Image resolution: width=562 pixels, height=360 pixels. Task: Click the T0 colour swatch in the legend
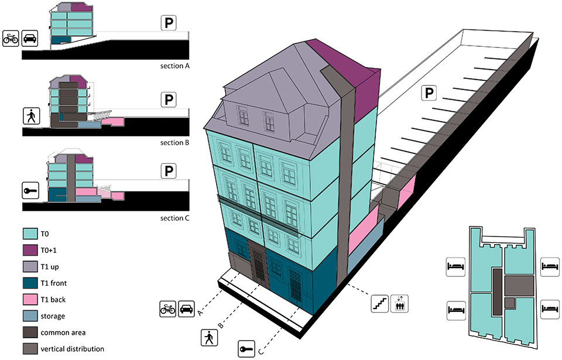coord(30,234)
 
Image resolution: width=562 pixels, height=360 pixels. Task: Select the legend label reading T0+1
coord(49,251)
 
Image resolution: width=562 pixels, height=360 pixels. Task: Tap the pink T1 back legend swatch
coord(30,299)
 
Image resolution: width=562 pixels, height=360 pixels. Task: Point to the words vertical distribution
coord(73,349)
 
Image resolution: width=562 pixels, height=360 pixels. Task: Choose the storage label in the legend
coord(53,316)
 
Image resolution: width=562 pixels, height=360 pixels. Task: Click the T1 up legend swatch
coord(30,266)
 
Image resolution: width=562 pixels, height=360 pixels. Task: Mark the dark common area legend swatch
coord(30,332)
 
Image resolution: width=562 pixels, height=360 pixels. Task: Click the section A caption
coord(174,66)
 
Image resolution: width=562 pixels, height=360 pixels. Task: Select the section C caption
coord(174,218)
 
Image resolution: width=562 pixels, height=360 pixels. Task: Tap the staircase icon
coord(380,303)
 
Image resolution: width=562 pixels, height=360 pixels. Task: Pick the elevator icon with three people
coord(399,303)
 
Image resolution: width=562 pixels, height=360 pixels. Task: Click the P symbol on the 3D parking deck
coord(429,93)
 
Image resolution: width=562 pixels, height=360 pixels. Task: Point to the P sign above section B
coord(169,100)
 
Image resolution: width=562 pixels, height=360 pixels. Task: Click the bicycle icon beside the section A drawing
coord(11,38)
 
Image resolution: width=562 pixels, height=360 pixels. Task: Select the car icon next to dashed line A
coord(186,308)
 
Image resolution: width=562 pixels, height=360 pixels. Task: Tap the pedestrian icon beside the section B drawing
coord(31,116)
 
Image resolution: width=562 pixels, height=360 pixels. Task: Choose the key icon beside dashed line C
coord(246,349)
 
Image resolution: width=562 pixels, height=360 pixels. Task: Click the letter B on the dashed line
coord(221,325)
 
